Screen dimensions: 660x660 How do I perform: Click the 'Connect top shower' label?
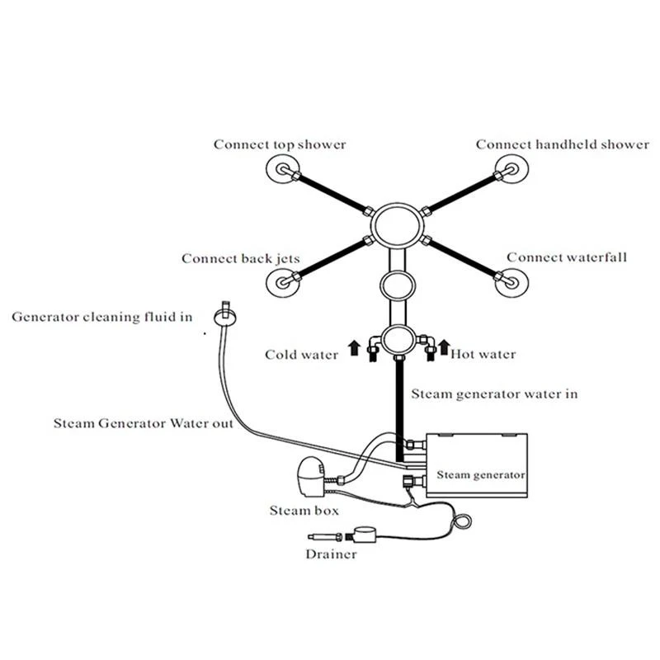tap(280, 144)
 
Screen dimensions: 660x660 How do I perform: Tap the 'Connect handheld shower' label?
tap(562, 144)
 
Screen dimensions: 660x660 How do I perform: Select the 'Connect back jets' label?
tap(240, 258)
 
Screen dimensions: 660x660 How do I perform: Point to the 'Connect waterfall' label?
tap(567, 257)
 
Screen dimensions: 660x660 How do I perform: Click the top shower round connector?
tap(282, 172)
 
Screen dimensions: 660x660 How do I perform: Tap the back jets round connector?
tap(282, 283)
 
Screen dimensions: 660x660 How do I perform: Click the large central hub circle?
tap(395, 224)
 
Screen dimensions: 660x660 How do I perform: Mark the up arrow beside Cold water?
tap(354, 346)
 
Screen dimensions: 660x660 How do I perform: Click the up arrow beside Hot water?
tap(443, 346)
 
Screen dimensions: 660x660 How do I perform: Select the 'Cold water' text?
tap(301, 355)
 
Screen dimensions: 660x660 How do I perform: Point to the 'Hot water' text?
tap(483, 355)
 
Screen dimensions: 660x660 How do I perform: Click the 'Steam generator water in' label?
tap(494, 394)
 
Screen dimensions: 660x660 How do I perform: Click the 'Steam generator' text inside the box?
tap(480, 474)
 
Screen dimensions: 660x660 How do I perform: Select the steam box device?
tap(312, 477)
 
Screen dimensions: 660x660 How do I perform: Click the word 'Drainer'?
tap(331, 554)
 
